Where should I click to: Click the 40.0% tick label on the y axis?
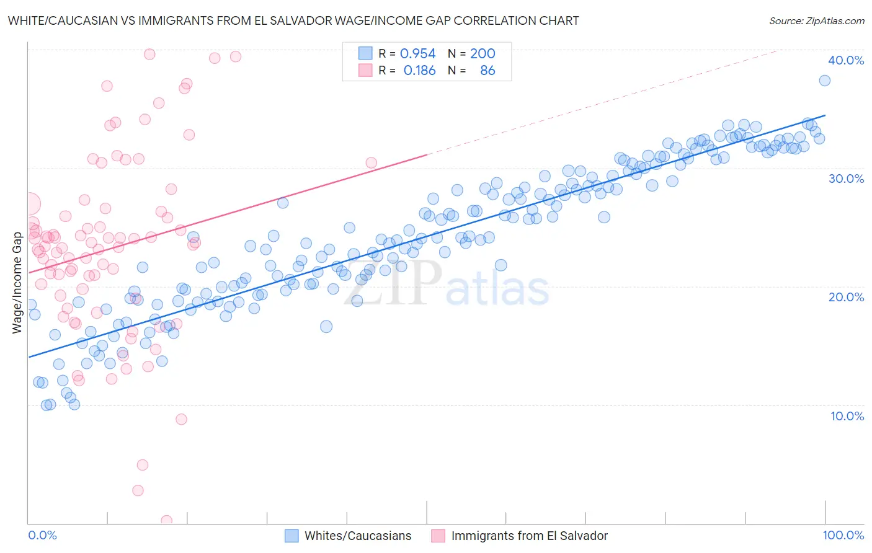click(845, 60)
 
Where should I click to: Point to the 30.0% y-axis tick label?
click(845, 179)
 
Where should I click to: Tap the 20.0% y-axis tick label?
click(845, 297)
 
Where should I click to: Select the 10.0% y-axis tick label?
click(847, 416)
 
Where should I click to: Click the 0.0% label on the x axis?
click(42, 536)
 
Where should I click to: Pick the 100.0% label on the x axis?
click(843, 536)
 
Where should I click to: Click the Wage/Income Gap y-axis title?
click(17, 283)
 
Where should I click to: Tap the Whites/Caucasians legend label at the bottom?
click(358, 536)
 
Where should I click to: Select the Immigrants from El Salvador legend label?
click(529, 536)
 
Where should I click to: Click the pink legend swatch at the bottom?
click(438, 536)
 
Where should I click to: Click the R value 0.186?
click(419, 71)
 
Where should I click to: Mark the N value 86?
click(487, 71)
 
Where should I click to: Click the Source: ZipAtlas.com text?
click(816, 21)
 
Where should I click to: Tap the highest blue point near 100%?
click(824, 81)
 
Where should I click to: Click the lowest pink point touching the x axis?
click(166, 521)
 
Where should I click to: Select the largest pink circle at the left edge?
click(29, 203)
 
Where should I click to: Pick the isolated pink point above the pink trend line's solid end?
click(371, 163)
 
